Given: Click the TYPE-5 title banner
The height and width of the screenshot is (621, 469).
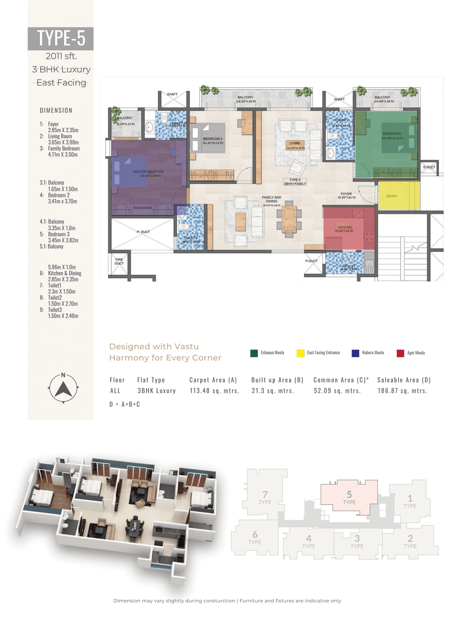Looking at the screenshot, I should tap(61, 38).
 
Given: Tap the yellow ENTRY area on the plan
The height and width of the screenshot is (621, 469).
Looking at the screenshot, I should tap(398, 196).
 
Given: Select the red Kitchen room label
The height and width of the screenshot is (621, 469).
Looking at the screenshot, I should tap(345, 227).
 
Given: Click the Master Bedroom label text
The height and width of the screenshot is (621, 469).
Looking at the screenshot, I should tap(148, 172).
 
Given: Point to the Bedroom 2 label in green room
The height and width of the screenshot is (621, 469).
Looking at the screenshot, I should tap(392, 134).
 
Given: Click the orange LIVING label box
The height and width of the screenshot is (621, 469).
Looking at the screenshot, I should tap(295, 144).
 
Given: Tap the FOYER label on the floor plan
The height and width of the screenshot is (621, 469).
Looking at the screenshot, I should tap(346, 194).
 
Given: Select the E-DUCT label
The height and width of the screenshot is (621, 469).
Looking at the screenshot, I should tap(429, 167).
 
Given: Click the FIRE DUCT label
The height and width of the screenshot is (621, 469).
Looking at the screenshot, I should tap(119, 261).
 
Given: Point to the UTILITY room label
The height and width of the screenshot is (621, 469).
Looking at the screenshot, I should tap(349, 267).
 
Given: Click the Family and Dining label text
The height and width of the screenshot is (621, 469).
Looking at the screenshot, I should tap(272, 199).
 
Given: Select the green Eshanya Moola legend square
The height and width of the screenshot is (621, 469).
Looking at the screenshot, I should tap(254, 353).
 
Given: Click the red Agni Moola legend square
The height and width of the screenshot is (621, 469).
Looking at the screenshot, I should tap(400, 353).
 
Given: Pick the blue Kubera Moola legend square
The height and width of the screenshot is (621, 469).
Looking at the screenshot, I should tap(355, 353).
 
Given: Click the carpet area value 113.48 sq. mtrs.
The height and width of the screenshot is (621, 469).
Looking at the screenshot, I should tap(214, 391).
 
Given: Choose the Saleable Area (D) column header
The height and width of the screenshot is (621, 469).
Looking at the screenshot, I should tap(404, 380).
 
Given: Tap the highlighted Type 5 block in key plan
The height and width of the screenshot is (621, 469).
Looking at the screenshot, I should tap(349, 497).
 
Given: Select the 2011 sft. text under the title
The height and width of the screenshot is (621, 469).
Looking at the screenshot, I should tap(61, 56).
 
